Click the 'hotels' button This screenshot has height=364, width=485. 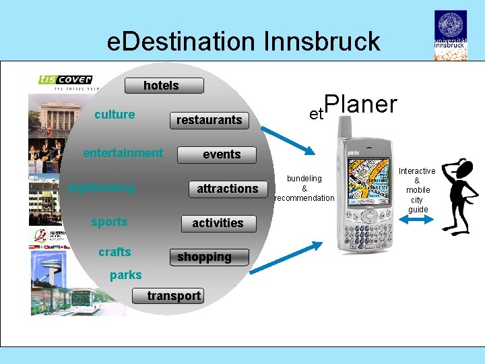(161, 86)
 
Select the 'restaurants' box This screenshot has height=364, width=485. (209, 120)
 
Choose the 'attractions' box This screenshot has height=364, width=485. (227, 189)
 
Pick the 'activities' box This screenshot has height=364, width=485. (218, 223)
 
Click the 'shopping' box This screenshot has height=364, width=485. (204, 257)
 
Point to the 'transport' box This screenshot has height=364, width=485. (174, 296)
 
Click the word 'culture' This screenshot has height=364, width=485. (115, 115)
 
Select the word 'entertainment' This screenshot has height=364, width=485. (123, 153)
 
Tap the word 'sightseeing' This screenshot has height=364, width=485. (102, 187)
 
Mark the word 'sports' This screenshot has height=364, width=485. (109, 222)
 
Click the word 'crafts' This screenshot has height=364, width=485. (115, 252)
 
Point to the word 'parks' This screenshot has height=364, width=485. (126, 275)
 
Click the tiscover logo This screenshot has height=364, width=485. (65, 82)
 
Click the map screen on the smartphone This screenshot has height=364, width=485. (366, 177)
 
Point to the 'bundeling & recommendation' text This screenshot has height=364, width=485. (304, 188)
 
